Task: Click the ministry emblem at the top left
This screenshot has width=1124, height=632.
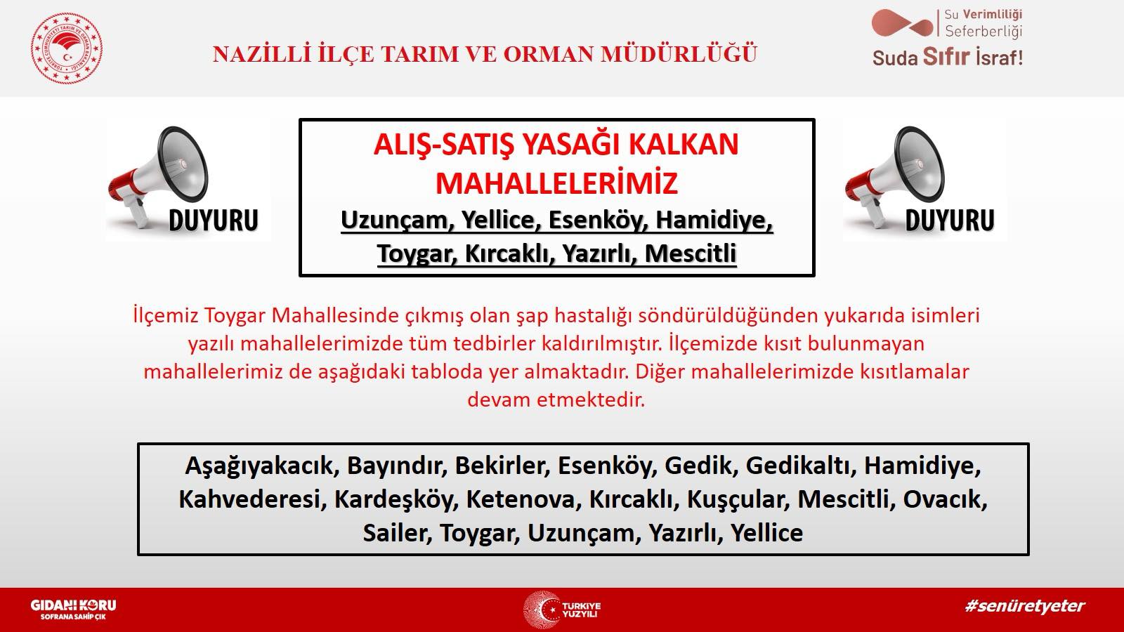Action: [67, 48]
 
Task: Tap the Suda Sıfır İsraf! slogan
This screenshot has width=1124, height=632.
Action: [947, 58]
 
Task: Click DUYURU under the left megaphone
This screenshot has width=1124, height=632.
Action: [214, 220]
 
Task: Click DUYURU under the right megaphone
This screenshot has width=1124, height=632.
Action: [950, 220]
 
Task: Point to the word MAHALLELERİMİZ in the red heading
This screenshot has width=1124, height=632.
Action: [556, 183]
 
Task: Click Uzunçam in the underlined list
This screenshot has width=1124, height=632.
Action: [397, 220]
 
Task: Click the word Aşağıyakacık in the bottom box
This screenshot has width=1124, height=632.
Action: [259, 465]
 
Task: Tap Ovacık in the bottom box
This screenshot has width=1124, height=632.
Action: [944, 499]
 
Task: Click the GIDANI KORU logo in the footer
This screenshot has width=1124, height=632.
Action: [73, 609]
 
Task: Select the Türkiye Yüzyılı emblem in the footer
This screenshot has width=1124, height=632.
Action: [562, 610]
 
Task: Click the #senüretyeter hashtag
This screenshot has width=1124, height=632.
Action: [1025, 605]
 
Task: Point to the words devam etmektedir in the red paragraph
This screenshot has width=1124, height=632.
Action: [556, 400]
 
